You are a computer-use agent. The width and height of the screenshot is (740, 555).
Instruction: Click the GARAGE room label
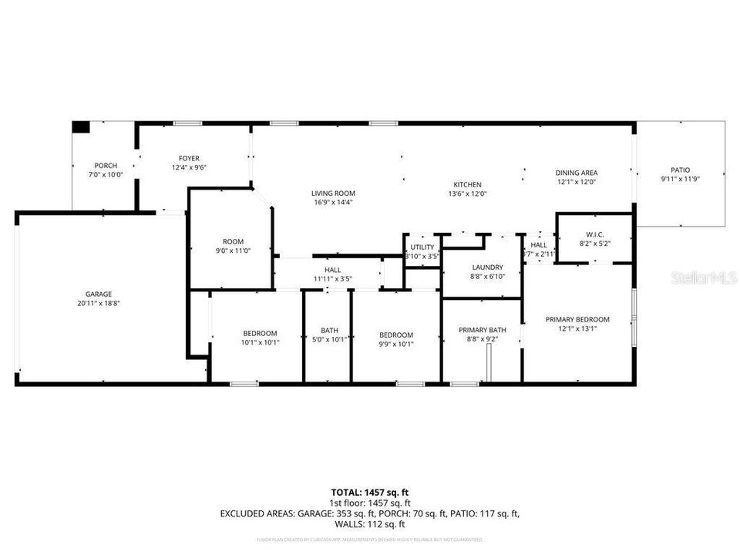pyautogui.click(x=99, y=294)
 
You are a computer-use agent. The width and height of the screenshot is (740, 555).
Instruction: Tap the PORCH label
pyautogui.click(x=106, y=166)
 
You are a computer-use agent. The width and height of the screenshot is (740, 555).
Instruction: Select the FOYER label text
pyautogui.click(x=189, y=158)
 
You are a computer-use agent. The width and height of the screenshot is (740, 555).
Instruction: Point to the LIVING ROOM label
pyautogui.click(x=333, y=193)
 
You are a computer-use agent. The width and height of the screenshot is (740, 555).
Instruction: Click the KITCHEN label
pyautogui.click(x=467, y=185)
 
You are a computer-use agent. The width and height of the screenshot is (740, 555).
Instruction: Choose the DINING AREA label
pyautogui.click(x=577, y=173)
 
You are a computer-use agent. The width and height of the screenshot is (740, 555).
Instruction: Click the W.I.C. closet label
pyautogui.click(x=594, y=234)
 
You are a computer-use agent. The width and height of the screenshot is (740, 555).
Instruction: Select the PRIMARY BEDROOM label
pyautogui.click(x=577, y=319)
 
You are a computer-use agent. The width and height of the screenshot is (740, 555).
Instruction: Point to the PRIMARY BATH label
pyautogui.click(x=483, y=329)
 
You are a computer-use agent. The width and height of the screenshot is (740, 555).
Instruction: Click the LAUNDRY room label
pyautogui.click(x=487, y=267)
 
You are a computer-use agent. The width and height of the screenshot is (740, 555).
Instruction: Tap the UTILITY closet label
pyautogui.click(x=422, y=247)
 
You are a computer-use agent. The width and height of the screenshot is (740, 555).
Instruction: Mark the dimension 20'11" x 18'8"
pyautogui.click(x=99, y=303)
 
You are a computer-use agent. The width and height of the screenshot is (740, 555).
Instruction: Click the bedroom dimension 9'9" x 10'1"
pyautogui.click(x=396, y=344)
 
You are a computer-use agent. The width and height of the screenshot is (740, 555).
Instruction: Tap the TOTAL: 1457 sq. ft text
pyautogui.click(x=369, y=491)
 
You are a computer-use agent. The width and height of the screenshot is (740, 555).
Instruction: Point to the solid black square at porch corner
pyautogui.click(x=81, y=128)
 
